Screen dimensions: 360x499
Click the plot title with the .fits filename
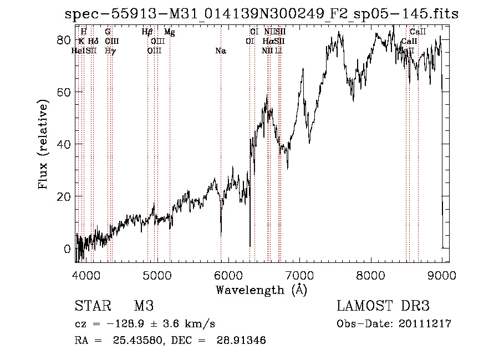click(x=261, y=14)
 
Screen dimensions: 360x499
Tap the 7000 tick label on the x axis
click(x=299, y=275)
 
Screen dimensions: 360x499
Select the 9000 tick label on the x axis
click(x=442, y=275)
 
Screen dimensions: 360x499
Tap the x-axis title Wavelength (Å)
click(x=261, y=290)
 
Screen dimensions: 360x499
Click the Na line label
click(x=221, y=51)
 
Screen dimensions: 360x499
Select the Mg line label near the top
click(x=170, y=33)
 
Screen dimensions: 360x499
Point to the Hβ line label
click(x=147, y=33)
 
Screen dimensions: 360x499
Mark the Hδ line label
click(x=93, y=42)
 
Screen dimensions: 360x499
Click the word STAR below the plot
click(x=92, y=307)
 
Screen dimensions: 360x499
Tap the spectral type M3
click(x=144, y=307)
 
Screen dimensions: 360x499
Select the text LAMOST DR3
click(x=383, y=307)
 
